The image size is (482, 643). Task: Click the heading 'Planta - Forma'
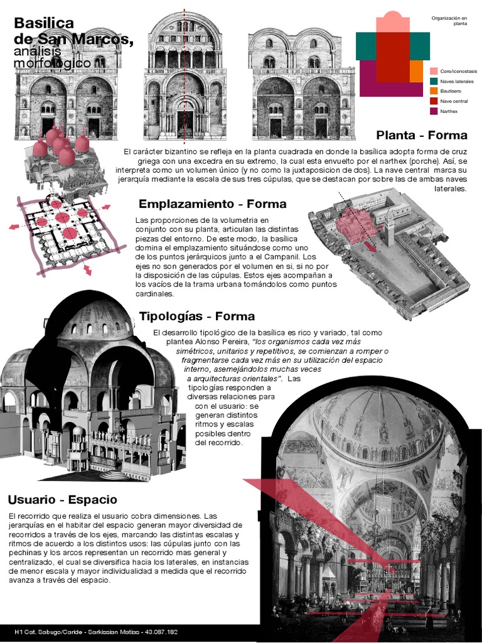[x=422, y=135]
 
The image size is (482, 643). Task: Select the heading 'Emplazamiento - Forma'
[x=212, y=204]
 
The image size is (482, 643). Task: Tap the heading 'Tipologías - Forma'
[x=197, y=316]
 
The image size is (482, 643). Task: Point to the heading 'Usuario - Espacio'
[x=62, y=500]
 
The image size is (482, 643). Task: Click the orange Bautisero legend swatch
[x=434, y=91]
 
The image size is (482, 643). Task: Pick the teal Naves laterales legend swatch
[x=434, y=81]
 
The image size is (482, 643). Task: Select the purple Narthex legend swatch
[x=434, y=111]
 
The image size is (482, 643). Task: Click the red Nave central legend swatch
[x=434, y=101]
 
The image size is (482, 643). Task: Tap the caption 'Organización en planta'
[x=449, y=21]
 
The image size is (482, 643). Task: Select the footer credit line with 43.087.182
[x=96, y=631]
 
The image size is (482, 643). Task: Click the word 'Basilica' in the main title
[x=44, y=23]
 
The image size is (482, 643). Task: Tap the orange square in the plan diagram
[x=416, y=72]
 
